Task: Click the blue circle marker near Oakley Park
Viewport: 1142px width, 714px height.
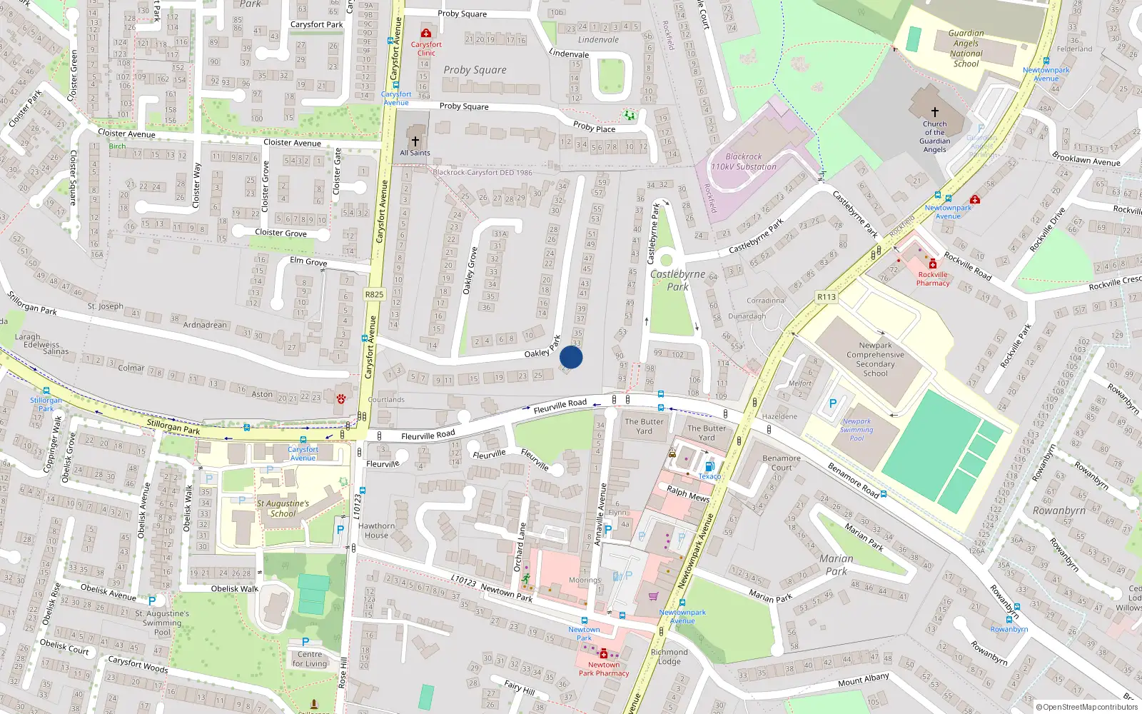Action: coord(571,357)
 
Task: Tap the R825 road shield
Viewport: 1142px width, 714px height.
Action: coord(374,294)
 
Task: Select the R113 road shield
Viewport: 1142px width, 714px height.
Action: coord(827,297)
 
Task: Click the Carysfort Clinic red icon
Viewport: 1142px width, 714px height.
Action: coord(426,33)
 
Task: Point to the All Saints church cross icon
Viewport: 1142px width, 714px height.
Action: coord(415,141)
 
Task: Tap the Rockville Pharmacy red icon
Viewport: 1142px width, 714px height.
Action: coord(932,264)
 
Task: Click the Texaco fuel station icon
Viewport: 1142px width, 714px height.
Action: coord(709,467)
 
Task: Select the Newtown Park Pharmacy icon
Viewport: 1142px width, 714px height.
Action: coord(604,653)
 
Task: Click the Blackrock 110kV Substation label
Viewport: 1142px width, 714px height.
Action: coord(743,161)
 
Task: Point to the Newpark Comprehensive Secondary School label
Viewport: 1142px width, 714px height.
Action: coord(875,359)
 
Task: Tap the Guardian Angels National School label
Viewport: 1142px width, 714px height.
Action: coord(966,49)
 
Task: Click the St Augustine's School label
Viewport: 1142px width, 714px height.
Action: coord(283,508)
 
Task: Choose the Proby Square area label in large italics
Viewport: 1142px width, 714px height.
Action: coord(475,70)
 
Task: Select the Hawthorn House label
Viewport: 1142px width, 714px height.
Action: coord(376,531)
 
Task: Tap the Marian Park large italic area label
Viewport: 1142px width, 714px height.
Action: coord(836,565)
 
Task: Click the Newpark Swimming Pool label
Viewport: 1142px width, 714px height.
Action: coord(856,430)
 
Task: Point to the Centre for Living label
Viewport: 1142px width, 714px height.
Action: coord(310,659)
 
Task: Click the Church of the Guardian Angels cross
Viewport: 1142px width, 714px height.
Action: coord(934,112)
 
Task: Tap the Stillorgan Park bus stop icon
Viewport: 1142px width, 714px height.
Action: coord(46,391)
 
